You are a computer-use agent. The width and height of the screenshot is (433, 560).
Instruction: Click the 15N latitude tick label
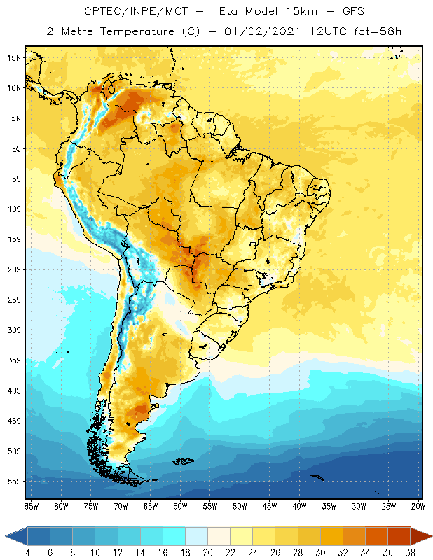(x=14, y=57)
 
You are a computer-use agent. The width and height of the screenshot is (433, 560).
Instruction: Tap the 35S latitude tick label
(x=14, y=360)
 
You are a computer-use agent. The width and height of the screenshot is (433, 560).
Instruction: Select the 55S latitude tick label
(x=14, y=482)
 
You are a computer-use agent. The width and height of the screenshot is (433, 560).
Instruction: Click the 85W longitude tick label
(x=32, y=505)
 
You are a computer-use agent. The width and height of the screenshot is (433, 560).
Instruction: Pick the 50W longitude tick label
(x=240, y=505)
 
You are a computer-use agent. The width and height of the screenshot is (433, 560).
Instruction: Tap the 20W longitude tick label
(x=418, y=505)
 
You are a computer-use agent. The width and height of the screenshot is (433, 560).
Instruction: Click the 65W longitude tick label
(x=151, y=505)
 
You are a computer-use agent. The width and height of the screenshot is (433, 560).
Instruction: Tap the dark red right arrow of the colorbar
(x=422, y=536)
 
